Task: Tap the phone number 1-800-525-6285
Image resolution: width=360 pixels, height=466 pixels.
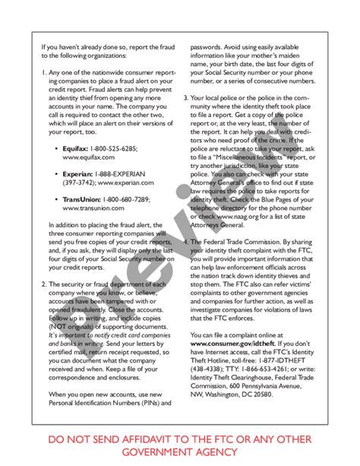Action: [114, 148]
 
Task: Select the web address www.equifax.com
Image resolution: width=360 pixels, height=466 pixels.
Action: [89, 157]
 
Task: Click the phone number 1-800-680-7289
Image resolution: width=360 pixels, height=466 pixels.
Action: [126, 198]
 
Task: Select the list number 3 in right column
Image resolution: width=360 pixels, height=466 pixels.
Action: [185, 98]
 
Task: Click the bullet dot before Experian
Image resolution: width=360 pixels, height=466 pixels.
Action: [57, 173]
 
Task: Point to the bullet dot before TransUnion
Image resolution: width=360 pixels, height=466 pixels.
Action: [57, 198]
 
